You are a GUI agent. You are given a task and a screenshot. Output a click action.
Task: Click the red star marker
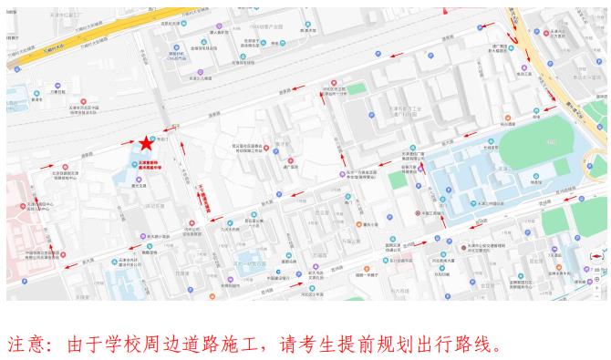[x=146, y=143]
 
